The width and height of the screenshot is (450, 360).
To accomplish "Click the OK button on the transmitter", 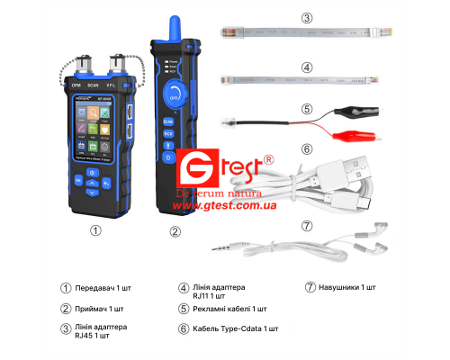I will (x=78, y=180).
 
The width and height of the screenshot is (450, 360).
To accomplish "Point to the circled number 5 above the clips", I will (x=307, y=111).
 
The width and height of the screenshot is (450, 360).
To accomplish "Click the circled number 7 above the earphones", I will (x=307, y=225).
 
